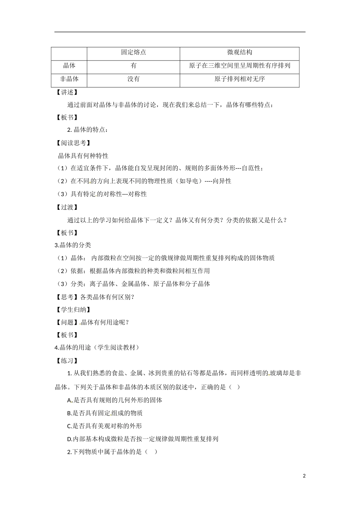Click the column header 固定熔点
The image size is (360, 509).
pos(133,53)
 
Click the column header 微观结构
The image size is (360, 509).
pos(239,53)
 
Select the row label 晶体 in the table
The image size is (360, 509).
pos(69,66)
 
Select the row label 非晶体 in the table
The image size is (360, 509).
pos(69,79)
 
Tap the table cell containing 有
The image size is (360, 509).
pos(133,66)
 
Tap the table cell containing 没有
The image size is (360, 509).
pos(133,79)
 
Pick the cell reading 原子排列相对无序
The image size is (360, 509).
pos(239,79)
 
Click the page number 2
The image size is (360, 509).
pos(304,476)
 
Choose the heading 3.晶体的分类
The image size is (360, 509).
pos(73,245)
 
